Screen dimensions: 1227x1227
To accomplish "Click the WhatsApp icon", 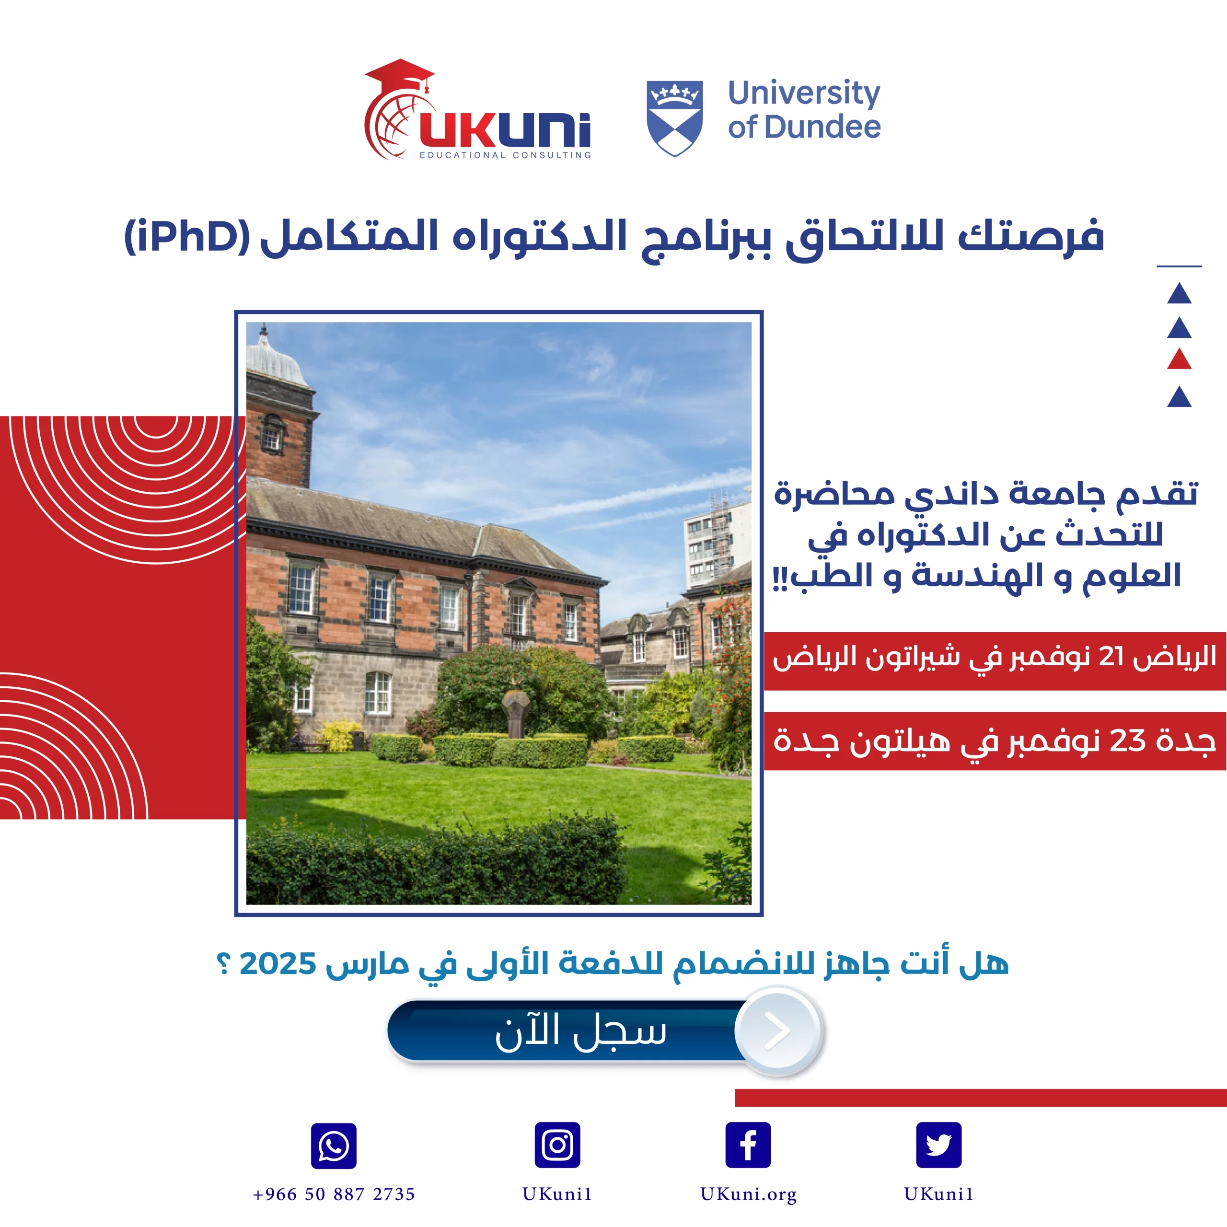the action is tap(334, 1146).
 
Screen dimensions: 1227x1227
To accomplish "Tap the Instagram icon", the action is tap(557, 1145).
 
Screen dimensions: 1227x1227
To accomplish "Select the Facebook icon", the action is tap(748, 1145).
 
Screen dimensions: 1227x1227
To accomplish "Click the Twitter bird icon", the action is tap(938, 1145).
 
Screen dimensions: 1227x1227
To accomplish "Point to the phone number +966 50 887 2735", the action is tap(334, 1194).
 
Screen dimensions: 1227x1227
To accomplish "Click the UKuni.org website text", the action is tap(748, 1194).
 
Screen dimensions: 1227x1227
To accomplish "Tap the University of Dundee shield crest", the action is tap(674, 118).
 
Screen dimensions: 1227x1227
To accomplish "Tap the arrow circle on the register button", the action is tap(778, 1030).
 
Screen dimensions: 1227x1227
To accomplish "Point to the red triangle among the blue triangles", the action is tap(1180, 359).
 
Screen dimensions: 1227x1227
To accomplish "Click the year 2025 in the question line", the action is tap(278, 963).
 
